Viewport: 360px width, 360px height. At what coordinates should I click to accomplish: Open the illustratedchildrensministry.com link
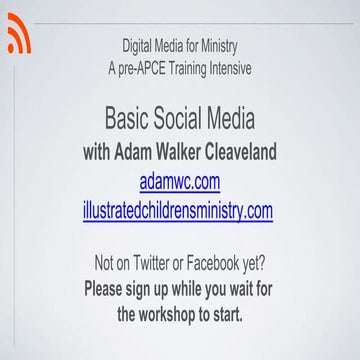pos(179,210)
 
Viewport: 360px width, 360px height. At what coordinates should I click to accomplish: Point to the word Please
pos(111,289)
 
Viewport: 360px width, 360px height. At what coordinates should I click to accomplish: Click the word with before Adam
pos(101,154)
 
